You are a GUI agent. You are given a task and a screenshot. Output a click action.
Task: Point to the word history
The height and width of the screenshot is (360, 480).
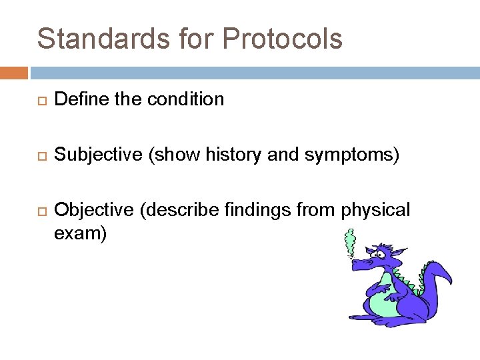pyautogui.click(x=220, y=155)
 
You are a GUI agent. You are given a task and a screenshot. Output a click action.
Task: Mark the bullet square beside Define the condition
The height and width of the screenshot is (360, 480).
pyautogui.click(x=39, y=101)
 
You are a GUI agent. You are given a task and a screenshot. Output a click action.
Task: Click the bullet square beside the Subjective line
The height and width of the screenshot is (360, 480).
pyautogui.click(x=39, y=156)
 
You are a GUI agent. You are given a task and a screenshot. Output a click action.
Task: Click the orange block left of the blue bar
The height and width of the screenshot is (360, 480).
pyautogui.click(x=14, y=72)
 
